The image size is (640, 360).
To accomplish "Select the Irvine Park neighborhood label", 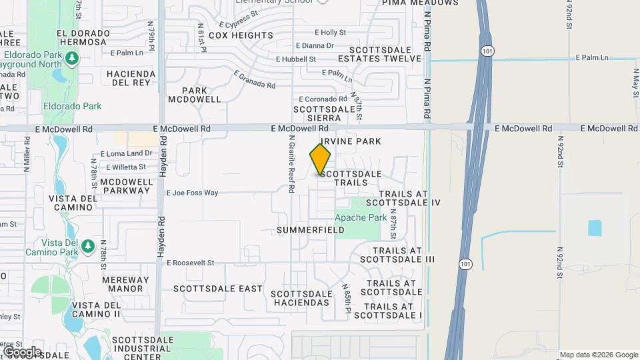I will [351, 141].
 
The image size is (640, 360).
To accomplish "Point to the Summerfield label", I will [311, 230].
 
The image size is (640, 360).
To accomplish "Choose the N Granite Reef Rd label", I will [291, 165].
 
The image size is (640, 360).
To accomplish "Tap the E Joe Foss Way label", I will [192, 193].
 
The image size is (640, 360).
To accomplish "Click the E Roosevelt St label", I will [193, 263].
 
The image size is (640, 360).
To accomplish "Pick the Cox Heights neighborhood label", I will [241, 35].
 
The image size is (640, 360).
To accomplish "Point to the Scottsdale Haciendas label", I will [301, 298].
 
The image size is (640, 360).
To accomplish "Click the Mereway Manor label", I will [125, 284].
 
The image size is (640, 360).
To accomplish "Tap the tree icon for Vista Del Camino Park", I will [87, 247].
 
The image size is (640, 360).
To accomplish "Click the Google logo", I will [21, 351].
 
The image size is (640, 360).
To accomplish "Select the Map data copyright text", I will [599, 355].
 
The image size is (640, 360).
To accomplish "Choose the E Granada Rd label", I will [254, 80].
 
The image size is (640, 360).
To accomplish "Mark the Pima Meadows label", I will [420, 3].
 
